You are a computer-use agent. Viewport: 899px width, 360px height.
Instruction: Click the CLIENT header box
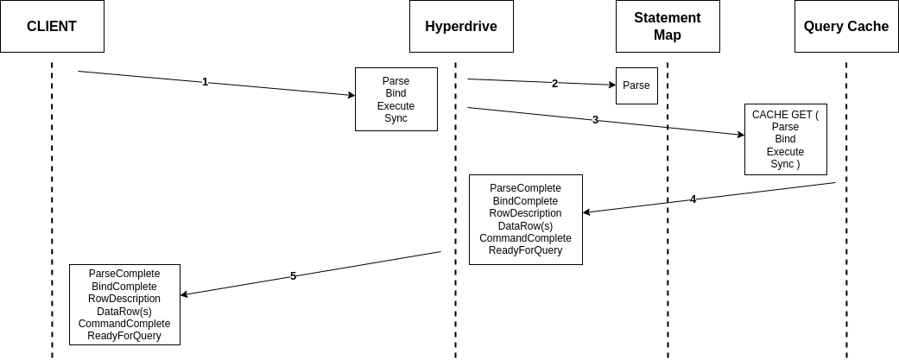tap(52, 27)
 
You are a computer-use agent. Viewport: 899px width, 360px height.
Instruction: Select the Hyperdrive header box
tap(461, 27)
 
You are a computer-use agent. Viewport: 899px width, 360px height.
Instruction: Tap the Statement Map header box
tap(668, 27)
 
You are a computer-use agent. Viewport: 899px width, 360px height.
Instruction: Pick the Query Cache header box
tap(846, 27)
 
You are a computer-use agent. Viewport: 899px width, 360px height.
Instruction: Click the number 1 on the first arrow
tap(206, 82)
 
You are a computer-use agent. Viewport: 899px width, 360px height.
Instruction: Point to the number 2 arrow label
tap(554, 83)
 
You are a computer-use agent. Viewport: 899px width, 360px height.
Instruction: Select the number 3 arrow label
tap(595, 120)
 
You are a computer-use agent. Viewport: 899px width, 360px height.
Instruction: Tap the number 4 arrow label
tap(693, 199)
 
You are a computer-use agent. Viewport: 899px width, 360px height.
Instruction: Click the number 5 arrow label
tap(293, 275)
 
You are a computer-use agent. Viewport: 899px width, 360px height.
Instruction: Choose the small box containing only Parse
tap(637, 86)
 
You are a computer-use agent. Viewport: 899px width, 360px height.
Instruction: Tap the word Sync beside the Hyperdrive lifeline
tap(396, 118)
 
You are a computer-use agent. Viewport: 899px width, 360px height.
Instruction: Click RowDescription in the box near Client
tap(124, 299)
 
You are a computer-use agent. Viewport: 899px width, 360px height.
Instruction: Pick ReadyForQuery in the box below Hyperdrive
tap(525, 250)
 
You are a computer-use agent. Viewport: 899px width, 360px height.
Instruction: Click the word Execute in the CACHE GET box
tap(786, 151)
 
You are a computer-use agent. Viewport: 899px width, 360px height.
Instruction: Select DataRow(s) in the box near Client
tap(124, 312)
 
